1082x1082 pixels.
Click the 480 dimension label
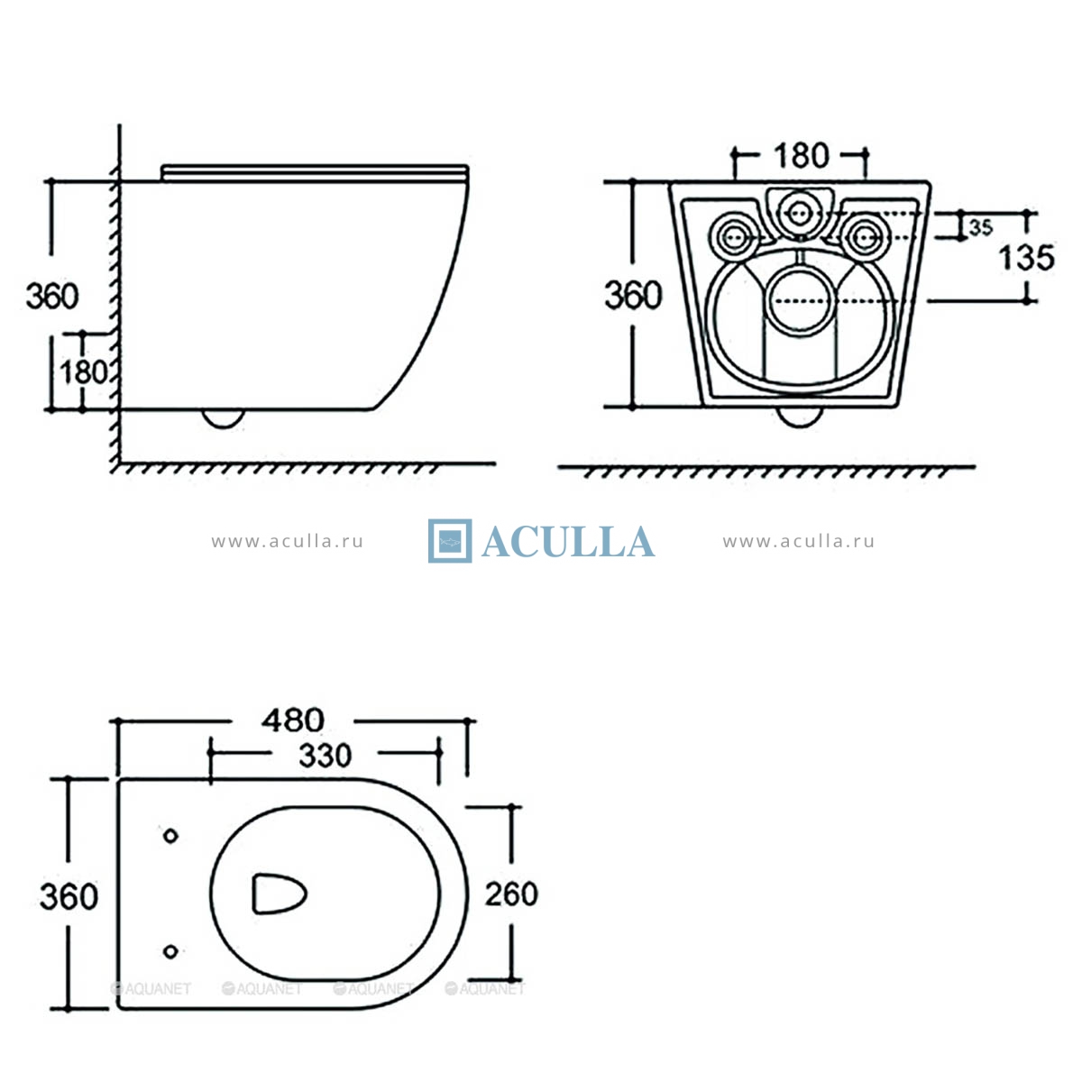point(292,720)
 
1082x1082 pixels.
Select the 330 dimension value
point(326,756)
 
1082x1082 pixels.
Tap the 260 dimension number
point(511,894)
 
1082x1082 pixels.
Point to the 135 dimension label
point(1026,258)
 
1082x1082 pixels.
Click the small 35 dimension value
point(981,227)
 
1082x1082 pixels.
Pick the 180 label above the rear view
point(802,155)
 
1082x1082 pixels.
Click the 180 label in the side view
point(84,372)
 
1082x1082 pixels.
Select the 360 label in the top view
point(69,896)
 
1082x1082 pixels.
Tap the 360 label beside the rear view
point(633,296)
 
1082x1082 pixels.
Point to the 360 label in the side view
point(52,297)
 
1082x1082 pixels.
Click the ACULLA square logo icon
point(450,541)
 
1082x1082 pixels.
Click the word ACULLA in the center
point(568,542)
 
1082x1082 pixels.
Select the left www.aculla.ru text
point(287,541)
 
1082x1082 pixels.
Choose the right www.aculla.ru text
point(799,541)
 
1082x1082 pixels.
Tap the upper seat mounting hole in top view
point(170,836)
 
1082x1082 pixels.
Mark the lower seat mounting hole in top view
point(170,952)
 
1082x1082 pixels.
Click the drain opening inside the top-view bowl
point(279,894)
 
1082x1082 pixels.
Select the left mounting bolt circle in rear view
point(733,237)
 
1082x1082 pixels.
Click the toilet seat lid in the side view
point(315,173)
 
